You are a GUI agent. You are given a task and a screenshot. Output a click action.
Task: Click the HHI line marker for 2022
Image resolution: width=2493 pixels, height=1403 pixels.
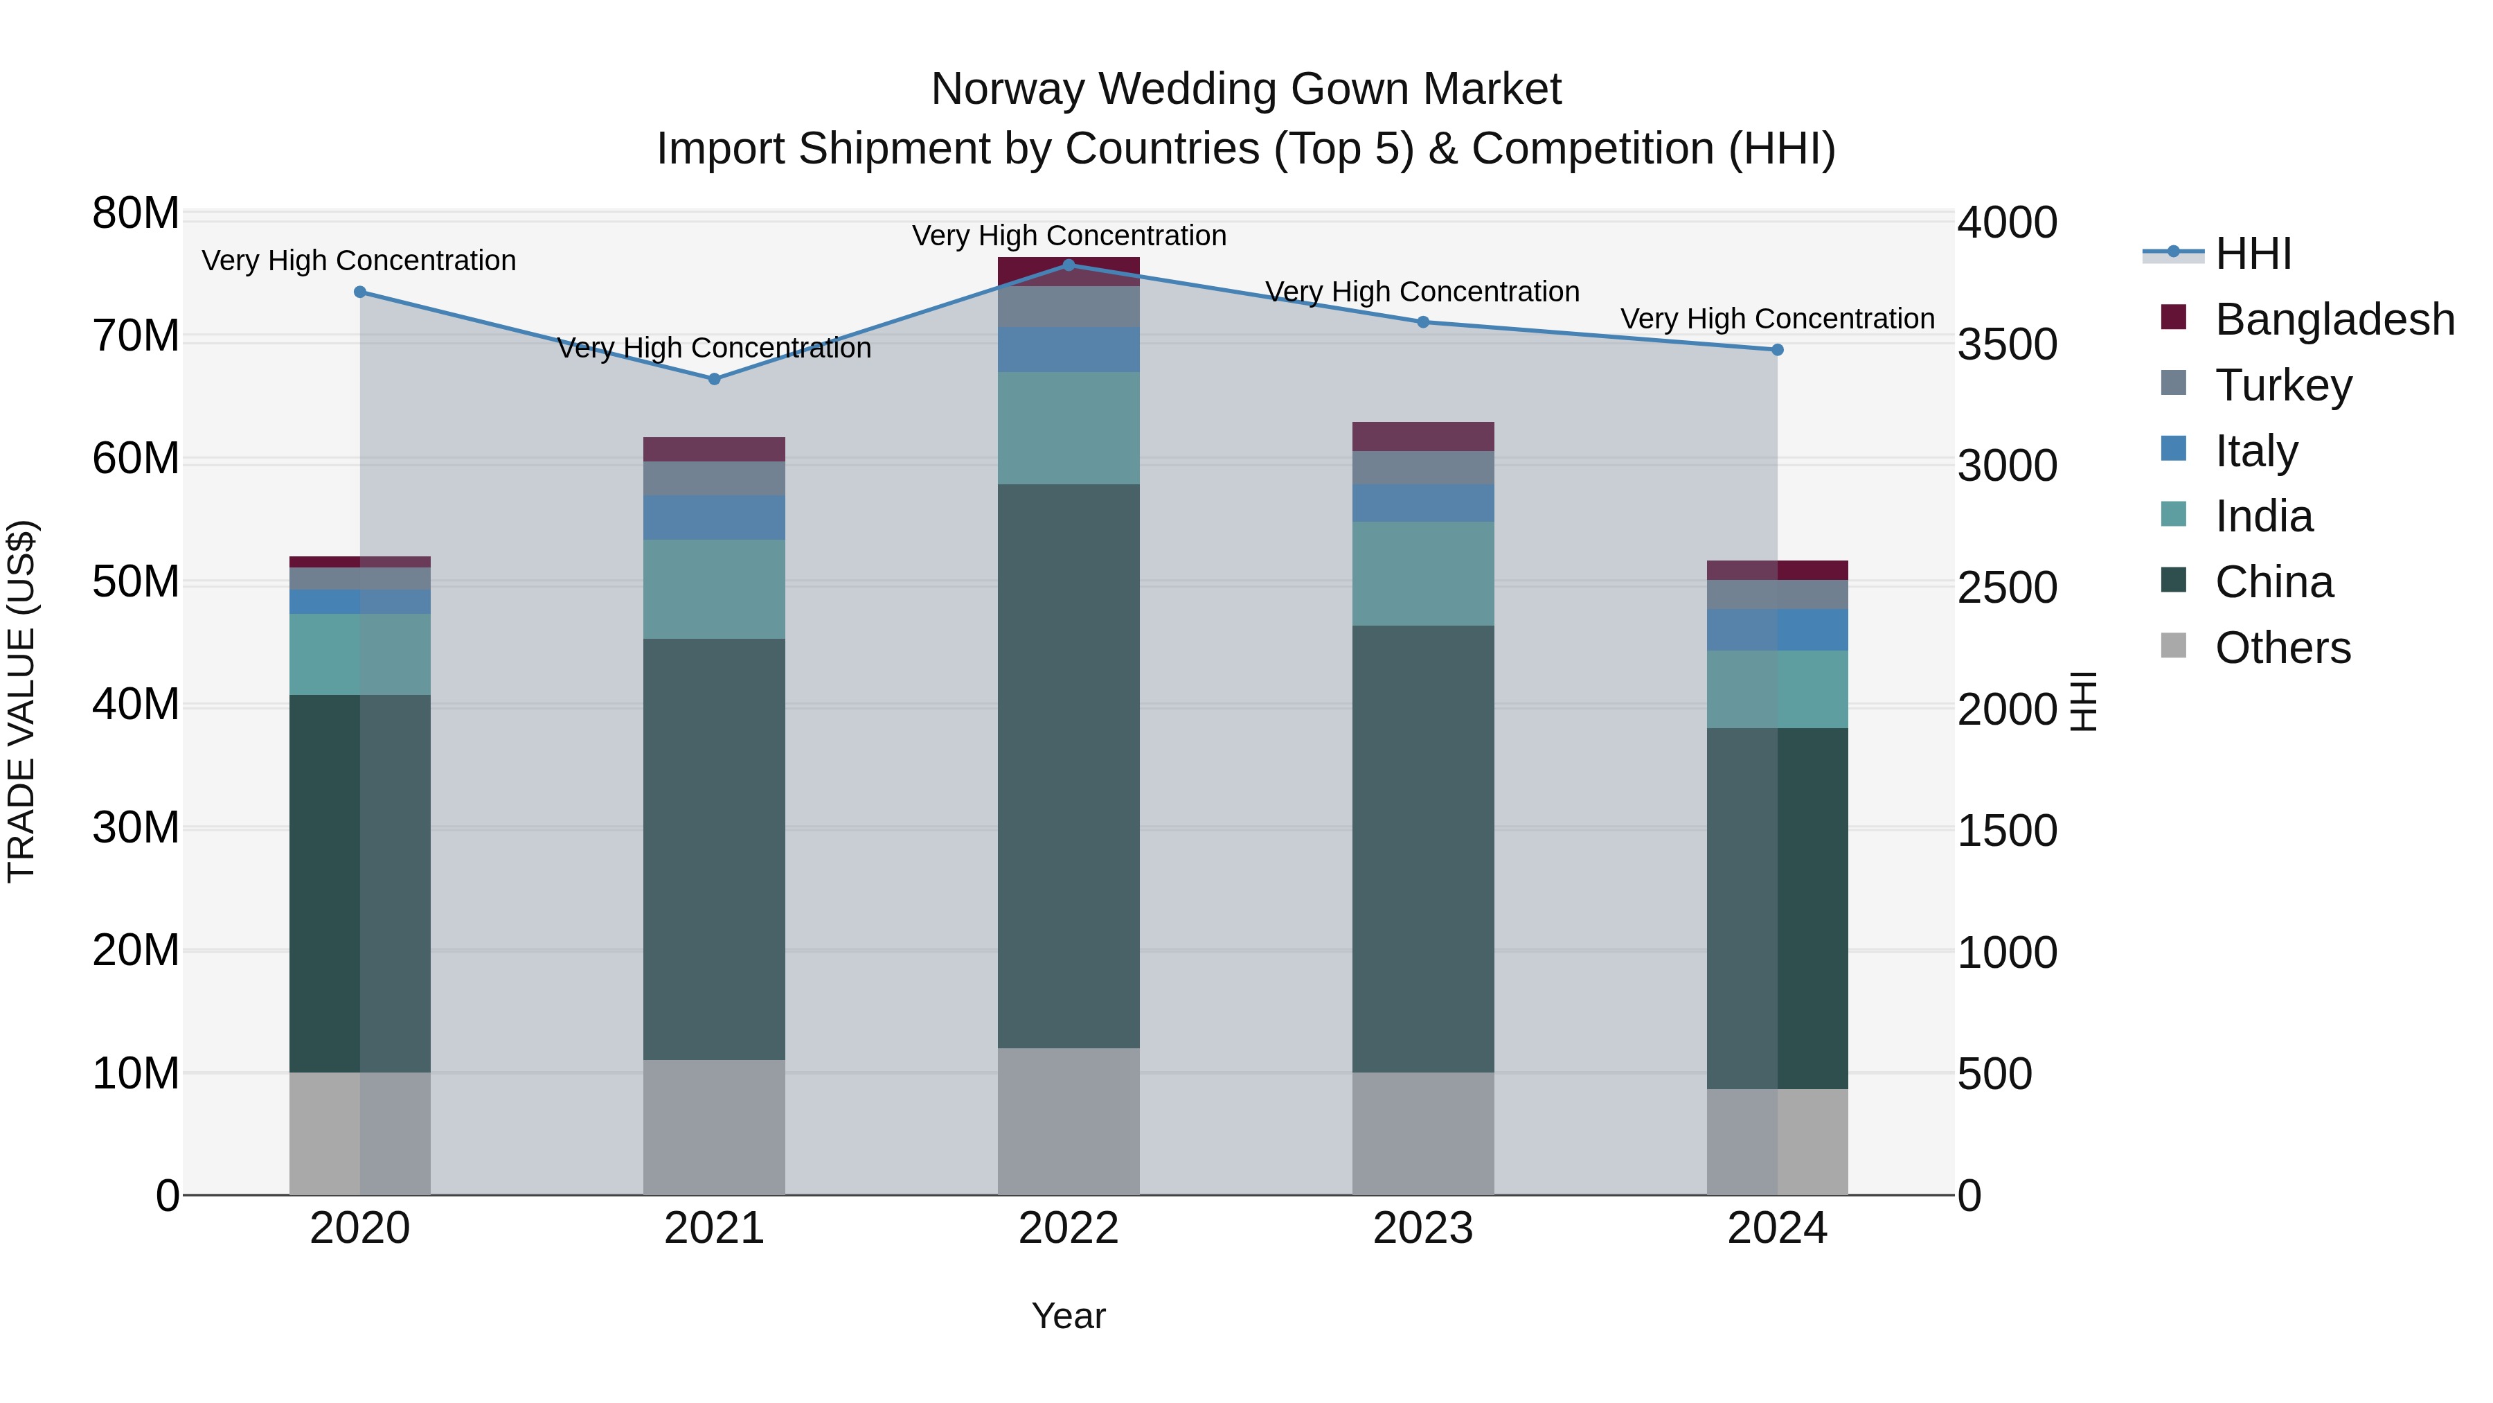tap(1069, 265)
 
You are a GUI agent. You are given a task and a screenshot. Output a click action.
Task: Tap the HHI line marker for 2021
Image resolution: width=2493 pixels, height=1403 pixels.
tap(714, 378)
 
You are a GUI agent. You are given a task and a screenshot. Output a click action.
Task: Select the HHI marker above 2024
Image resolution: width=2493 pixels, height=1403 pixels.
tap(1777, 350)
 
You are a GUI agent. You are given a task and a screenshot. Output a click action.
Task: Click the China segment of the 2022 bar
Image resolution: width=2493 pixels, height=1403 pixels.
tap(1069, 765)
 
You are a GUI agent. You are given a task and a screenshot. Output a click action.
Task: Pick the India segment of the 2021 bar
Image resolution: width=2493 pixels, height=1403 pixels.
tap(714, 589)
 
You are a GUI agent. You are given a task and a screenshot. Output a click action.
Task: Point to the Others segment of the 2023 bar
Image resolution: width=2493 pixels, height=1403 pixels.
tap(1422, 1133)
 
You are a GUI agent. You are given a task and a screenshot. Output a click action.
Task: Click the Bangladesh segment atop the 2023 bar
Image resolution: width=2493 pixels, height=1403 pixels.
tap(1422, 436)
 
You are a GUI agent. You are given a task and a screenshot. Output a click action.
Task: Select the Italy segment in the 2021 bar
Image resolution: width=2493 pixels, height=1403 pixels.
tap(714, 517)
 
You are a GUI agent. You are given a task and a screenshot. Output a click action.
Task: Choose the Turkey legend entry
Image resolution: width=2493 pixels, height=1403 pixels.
tap(2282, 385)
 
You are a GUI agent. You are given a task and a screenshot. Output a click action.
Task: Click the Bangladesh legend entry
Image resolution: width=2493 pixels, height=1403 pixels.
tap(2332, 319)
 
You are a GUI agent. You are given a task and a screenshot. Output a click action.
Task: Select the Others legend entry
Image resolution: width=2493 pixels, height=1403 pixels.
tap(2281, 648)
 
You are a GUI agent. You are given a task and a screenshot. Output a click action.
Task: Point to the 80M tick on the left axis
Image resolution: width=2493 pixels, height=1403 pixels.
tap(136, 213)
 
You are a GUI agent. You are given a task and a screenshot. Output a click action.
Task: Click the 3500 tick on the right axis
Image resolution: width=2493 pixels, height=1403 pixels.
tap(2007, 345)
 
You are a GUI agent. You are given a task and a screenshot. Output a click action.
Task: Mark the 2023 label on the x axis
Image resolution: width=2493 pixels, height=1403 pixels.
tap(1422, 1228)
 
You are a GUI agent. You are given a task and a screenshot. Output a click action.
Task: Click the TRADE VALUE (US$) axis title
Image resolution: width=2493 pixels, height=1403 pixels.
tap(21, 701)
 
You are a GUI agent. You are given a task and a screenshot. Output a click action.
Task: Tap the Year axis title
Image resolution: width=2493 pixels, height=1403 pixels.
tap(1069, 1316)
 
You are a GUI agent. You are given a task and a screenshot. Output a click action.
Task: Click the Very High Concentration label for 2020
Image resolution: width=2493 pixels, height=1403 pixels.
tap(359, 261)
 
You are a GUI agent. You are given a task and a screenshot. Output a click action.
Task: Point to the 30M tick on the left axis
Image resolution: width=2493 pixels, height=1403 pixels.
tap(136, 828)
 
